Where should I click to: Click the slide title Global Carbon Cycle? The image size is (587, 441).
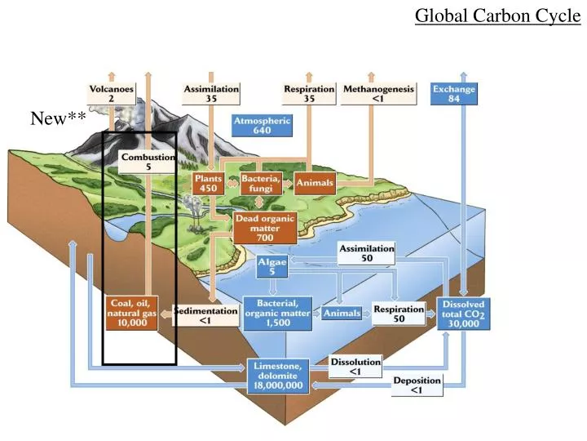pos(497,16)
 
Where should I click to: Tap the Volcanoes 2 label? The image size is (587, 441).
pos(112,92)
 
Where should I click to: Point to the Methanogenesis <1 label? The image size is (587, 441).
pos(378,93)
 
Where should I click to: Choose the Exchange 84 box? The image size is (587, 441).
pos(454,93)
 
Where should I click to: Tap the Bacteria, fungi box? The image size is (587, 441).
pos(261,182)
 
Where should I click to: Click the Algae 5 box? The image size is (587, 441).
pos(271,265)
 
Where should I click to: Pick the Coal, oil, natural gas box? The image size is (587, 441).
pos(132,313)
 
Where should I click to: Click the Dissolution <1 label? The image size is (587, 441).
pos(355,367)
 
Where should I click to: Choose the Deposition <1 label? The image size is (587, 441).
pos(417,385)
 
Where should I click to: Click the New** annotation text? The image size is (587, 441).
pos(58,119)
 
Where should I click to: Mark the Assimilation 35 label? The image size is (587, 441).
pos(211,92)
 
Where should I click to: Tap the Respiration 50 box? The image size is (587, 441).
pos(399,314)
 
